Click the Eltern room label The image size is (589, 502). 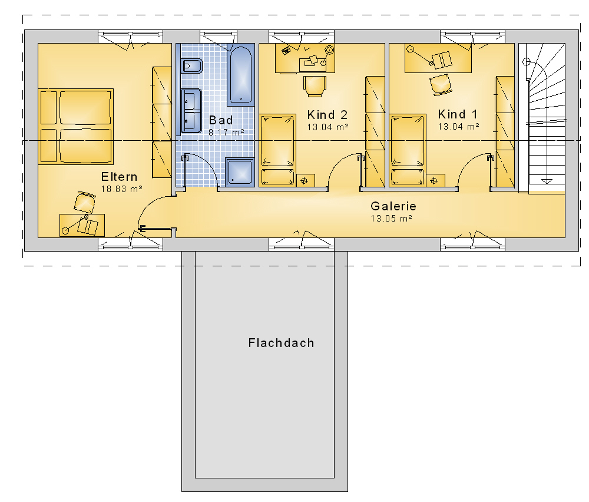pyautogui.click(x=119, y=177)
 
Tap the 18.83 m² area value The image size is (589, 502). pyautogui.click(x=122, y=189)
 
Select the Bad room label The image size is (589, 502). pyautogui.click(x=221, y=120)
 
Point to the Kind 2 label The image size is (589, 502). pyautogui.click(x=327, y=115)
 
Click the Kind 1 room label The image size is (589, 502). pyautogui.click(x=458, y=114)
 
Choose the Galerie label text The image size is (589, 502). pyautogui.click(x=393, y=206)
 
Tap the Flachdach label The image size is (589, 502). pyautogui.click(x=282, y=343)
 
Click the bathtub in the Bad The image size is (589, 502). pyautogui.click(x=241, y=74)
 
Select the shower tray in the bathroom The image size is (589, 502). pyautogui.click(x=240, y=171)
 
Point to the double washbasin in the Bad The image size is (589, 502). pyautogui.click(x=191, y=111)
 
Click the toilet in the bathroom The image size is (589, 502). pyautogui.click(x=191, y=66)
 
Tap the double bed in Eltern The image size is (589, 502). pyautogui.click(x=76, y=127)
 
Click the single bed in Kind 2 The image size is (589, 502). pyautogui.click(x=278, y=150)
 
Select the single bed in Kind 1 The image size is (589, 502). pyautogui.click(x=408, y=150)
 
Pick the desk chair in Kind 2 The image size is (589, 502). pyautogui.click(x=315, y=86)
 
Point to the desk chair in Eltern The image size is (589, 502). pyautogui.click(x=84, y=203)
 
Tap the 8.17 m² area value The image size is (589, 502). pyautogui.click(x=226, y=133)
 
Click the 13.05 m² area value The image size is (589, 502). pyautogui.click(x=392, y=219)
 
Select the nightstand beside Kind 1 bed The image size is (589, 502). pyautogui.click(x=435, y=180)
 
